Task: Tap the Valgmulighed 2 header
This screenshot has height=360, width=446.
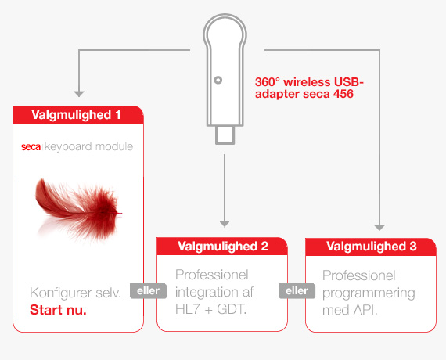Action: tap(222, 247)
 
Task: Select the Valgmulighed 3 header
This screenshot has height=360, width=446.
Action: tap(371, 247)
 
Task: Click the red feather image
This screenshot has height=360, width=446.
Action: tap(79, 210)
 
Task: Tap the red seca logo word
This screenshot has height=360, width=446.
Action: tap(31, 147)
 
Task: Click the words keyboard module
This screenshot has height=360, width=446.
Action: tap(88, 147)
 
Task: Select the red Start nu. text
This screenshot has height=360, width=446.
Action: tap(58, 310)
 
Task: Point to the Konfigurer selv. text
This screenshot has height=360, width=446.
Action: tap(76, 293)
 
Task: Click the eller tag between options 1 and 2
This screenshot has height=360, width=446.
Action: tap(148, 291)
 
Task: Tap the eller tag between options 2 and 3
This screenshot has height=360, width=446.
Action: tap(297, 291)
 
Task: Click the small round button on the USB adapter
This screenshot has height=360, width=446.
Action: tap(218, 81)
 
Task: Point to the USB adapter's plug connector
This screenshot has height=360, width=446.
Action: tap(225, 135)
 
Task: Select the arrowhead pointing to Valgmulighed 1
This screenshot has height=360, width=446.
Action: tap(79, 94)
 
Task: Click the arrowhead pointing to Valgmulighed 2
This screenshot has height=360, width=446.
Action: tap(225, 225)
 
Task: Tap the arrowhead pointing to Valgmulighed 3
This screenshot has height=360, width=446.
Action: tap(379, 228)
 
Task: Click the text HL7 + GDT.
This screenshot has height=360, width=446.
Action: tap(210, 309)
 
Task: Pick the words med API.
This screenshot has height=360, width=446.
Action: tap(350, 310)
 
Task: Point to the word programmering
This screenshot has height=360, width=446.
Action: tap(369, 293)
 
